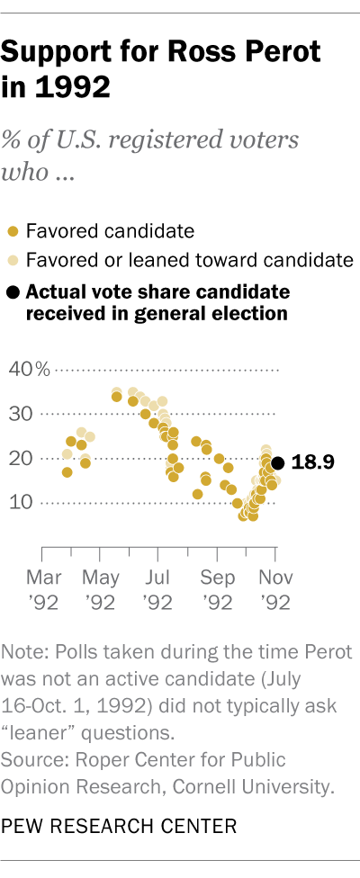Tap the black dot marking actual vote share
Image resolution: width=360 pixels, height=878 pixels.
pyautogui.click(x=278, y=462)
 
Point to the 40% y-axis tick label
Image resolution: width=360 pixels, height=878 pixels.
pyautogui.click(x=30, y=370)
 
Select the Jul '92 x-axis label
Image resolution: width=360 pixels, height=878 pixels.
pyautogui.click(x=157, y=586)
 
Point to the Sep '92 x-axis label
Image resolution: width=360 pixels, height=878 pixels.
pyautogui.click(x=216, y=586)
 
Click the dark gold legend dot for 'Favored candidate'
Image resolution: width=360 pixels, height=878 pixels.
pyautogui.click(x=13, y=232)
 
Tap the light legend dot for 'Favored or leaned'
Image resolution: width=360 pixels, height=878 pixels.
pyautogui.click(x=13, y=262)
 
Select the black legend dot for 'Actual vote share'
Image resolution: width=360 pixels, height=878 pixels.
pyautogui.click(x=13, y=292)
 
